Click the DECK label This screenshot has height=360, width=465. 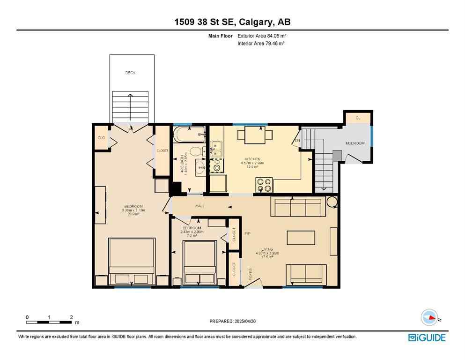tap(130, 73)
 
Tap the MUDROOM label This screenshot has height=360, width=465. tap(354, 143)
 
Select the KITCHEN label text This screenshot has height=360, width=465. tap(252, 159)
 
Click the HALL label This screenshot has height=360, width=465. tap(200, 206)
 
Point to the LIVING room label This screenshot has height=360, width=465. tap(267, 249)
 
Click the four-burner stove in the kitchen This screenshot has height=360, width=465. tap(264, 185)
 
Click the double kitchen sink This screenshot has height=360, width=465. tap(216, 150)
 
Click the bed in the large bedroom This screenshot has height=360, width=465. tap(132, 262)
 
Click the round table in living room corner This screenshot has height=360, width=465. tap(332, 202)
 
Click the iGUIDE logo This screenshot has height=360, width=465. tap(427, 337)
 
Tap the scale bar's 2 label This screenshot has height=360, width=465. tap(71, 317)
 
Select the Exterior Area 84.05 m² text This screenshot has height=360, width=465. tap(262, 36)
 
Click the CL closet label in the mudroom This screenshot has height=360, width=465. tap(358, 118)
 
